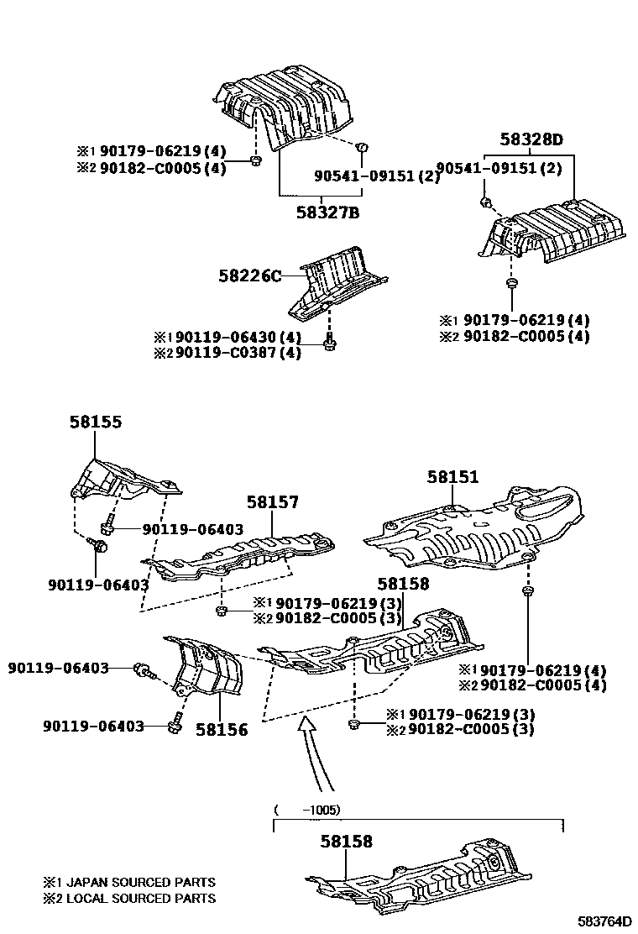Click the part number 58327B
(x=327, y=213)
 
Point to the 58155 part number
(x=95, y=422)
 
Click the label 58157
(x=273, y=502)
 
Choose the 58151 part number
(x=452, y=477)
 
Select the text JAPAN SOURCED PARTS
(x=140, y=883)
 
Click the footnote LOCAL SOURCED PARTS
(x=140, y=899)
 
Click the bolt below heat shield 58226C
(x=330, y=342)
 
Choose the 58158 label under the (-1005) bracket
(x=346, y=841)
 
